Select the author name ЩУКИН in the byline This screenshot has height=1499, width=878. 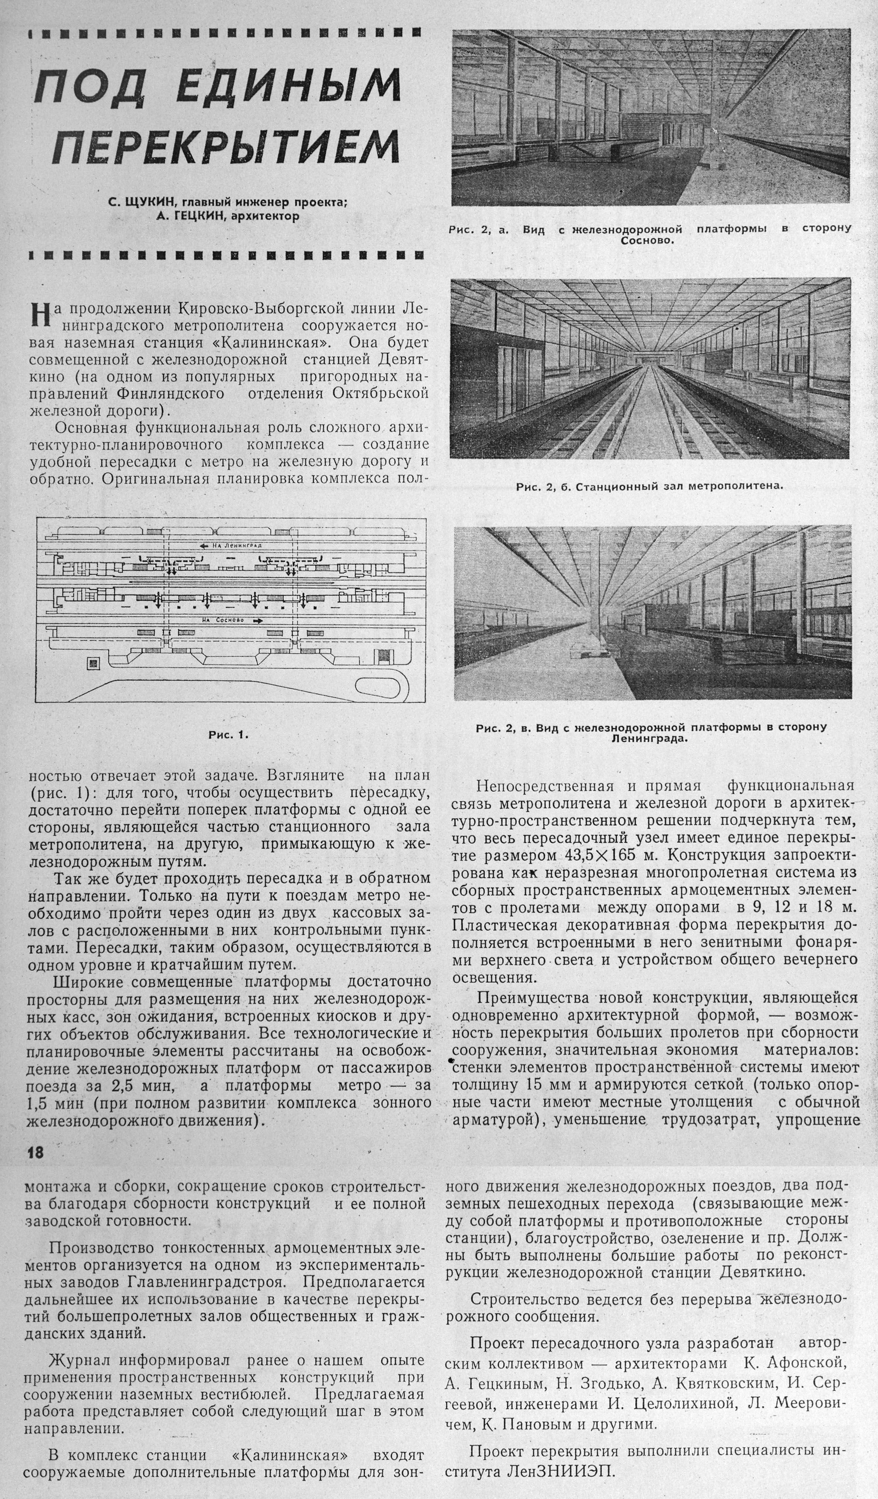[152, 202]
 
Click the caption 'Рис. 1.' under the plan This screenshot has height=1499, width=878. [228, 734]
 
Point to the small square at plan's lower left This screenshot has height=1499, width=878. [93, 662]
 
